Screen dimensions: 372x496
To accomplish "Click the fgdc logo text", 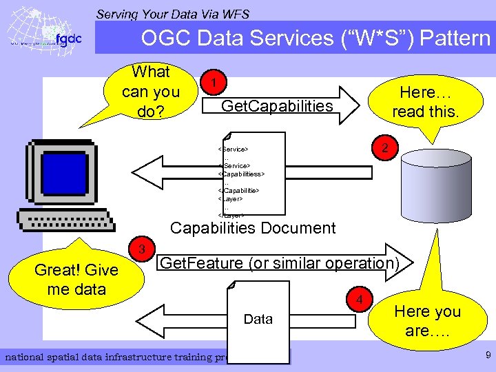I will click(x=68, y=39).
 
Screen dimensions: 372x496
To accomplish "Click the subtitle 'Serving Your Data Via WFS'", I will click(x=172, y=14).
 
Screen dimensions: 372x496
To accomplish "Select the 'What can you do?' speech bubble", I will click(x=150, y=91).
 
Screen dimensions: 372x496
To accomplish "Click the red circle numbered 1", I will click(x=216, y=83).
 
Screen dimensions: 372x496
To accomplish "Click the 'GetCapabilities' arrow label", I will click(x=277, y=105).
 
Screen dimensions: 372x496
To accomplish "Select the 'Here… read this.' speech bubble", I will click(x=424, y=102).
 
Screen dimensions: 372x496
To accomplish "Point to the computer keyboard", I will click(x=65, y=221).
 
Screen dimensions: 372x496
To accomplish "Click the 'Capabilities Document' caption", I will click(x=253, y=228).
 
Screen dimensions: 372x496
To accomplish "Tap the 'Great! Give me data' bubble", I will click(x=76, y=279).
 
